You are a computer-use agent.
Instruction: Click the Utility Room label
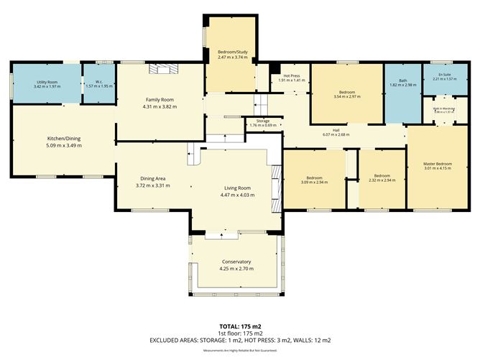pyautogui.click(x=47, y=83)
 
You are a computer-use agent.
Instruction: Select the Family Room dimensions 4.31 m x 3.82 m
pyautogui.click(x=160, y=106)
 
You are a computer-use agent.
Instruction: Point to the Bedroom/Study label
pyautogui.click(x=232, y=52)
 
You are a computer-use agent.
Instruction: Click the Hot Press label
pyautogui.click(x=291, y=76)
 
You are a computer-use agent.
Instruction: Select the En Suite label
pyautogui.click(x=446, y=74)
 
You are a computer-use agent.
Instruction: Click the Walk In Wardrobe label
pyautogui.click(x=443, y=109)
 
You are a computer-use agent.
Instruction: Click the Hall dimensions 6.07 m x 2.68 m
pyautogui.click(x=336, y=134)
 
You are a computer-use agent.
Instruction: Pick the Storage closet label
pyautogui.click(x=263, y=121)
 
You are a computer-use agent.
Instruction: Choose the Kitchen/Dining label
pyautogui.click(x=64, y=137)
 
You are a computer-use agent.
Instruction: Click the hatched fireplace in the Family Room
pyautogui.click(x=162, y=69)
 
